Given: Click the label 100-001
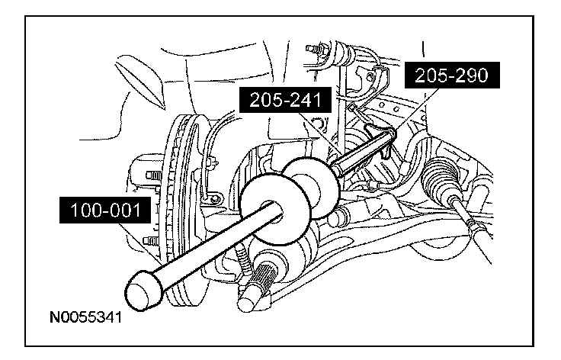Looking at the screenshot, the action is [105, 210].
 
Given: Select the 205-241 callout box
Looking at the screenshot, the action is [285, 100].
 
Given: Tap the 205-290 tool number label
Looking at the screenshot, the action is [452, 76].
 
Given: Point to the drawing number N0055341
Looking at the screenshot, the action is [86, 317].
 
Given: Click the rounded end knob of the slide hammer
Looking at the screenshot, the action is [143, 291].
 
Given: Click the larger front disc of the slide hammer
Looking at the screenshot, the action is [274, 209].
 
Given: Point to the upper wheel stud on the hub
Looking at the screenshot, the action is [153, 175].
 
